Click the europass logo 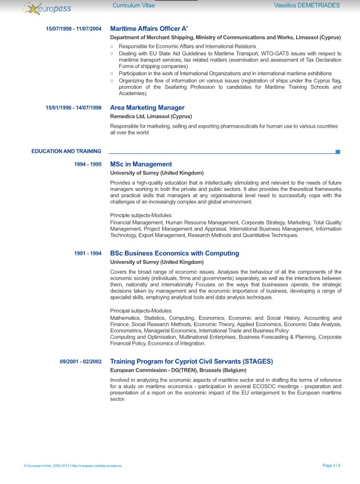point(48,7)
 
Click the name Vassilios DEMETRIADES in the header point(306,5)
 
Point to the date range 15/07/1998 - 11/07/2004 point(74,29)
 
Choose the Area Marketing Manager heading point(147,108)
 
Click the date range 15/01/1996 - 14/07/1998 point(74,108)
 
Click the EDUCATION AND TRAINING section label point(66,152)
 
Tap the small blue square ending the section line point(338,152)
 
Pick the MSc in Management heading point(141,164)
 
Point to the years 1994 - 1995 point(88,164)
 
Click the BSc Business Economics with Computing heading point(175,253)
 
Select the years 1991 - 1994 point(88,253)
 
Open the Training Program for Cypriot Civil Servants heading point(191,361)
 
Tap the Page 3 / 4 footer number point(331,466)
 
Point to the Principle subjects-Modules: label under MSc point(140,214)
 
